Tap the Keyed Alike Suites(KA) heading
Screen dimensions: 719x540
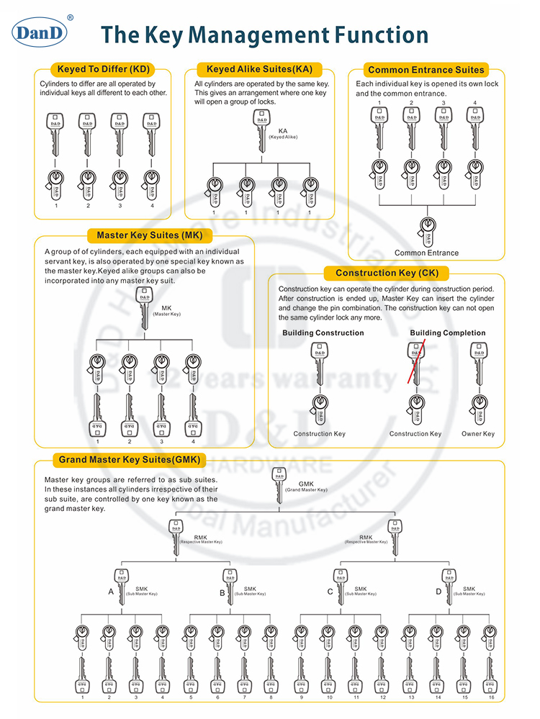pos(259,70)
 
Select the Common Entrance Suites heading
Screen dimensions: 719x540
pos(426,70)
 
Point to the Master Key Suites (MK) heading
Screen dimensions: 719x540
pos(144,235)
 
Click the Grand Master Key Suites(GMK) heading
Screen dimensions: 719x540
pos(128,460)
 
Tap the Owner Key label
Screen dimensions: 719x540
pos(477,434)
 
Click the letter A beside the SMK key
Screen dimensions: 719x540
pos(111,592)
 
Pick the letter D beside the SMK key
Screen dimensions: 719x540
pos(438,592)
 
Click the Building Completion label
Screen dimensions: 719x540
pos(447,333)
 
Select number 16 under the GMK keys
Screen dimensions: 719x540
pos(492,697)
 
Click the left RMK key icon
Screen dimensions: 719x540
pos(176,537)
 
